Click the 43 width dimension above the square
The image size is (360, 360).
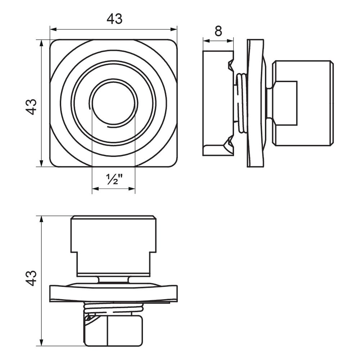click(x=114, y=19)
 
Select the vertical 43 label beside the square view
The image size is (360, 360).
click(x=31, y=107)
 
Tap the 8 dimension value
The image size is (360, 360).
click(x=219, y=31)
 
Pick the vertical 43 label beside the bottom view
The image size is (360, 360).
click(x=31, y=278)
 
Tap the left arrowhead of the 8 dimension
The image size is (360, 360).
click(x=206, y=41)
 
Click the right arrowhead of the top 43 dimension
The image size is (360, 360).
click(x=174, y=29)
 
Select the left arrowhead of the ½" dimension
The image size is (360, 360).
click(x=95, y=189)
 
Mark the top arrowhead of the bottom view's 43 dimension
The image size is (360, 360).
click(x=41, y=219)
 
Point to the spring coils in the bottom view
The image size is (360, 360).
click(x=114, y=308)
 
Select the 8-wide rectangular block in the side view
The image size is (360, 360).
click(x=218, y=103)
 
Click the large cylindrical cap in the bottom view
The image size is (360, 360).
click(x=114, y=246)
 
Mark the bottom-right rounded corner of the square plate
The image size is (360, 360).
click(x=175, y=164)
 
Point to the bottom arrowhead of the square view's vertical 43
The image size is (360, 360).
click(x=41, y=163)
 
